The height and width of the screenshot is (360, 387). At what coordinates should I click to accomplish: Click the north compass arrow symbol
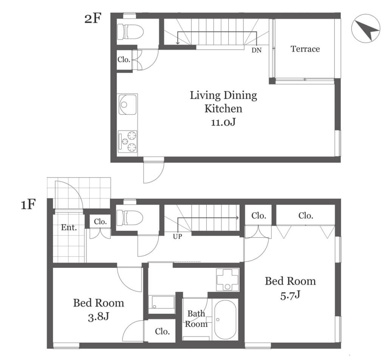click(365, 28)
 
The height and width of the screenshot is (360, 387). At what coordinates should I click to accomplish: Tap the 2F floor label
click(93, 19)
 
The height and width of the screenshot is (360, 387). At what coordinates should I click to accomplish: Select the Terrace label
click(305, 49)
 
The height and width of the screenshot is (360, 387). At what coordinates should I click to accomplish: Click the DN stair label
click(257, 50)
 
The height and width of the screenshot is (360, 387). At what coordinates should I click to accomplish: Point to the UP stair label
click(177, 236)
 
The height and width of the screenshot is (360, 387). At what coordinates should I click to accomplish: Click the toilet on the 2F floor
click(130, 32)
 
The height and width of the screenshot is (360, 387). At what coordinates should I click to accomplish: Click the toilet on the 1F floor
click(130, 218)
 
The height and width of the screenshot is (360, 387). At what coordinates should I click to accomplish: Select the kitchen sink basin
click(128, 104)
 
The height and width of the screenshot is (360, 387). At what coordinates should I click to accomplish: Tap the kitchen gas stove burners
click(128, 142)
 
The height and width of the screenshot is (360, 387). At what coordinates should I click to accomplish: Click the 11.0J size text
click(223, 122)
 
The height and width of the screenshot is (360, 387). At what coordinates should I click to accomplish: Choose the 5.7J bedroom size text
click(290, 295)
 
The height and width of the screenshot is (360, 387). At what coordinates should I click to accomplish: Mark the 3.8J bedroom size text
click(98, 317)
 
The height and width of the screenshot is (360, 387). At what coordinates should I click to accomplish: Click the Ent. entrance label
click(69, 227)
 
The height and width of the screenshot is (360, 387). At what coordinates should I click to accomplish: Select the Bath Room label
click(196, 318)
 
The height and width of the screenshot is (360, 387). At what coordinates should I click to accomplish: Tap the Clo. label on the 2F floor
click(124, 59)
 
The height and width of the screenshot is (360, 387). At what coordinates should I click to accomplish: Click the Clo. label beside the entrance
click(100, 222)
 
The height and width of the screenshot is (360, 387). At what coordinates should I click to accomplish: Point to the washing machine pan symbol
click(228, 280)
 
